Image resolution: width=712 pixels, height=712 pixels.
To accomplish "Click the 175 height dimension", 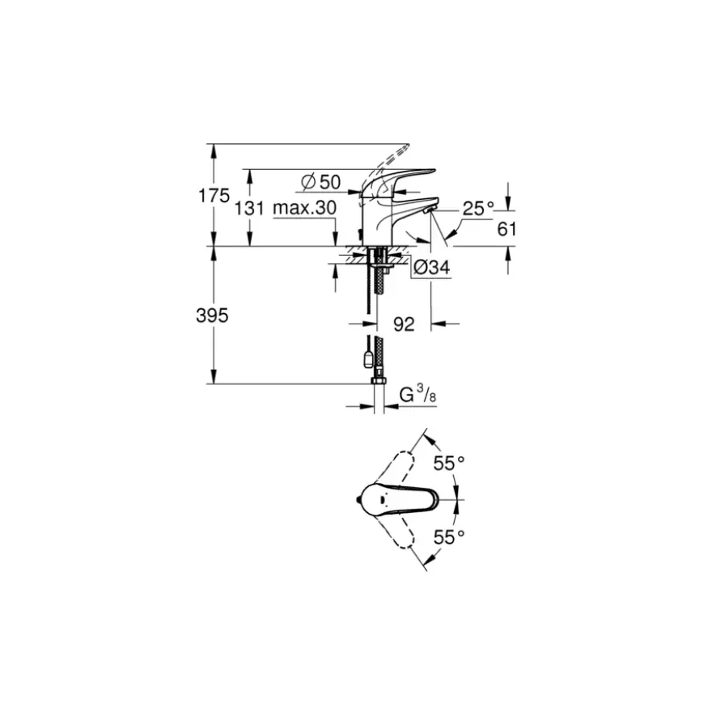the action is point(214,196).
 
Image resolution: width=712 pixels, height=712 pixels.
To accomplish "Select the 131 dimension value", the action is point(249,209).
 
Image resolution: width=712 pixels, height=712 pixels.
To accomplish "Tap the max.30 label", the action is point(305,208).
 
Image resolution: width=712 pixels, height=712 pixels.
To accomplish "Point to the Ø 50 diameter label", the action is point(321,182).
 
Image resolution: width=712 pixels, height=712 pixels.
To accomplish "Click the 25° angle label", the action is point(478,208).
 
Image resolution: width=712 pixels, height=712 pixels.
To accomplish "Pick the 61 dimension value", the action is point(506,229).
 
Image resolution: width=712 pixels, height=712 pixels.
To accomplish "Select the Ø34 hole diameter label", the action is point(432,267).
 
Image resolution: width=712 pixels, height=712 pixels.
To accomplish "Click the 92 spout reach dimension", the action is point(404,324).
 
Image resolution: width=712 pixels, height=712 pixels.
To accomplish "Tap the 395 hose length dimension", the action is point(212,315).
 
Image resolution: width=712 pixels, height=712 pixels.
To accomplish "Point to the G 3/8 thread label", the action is point(417,394).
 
